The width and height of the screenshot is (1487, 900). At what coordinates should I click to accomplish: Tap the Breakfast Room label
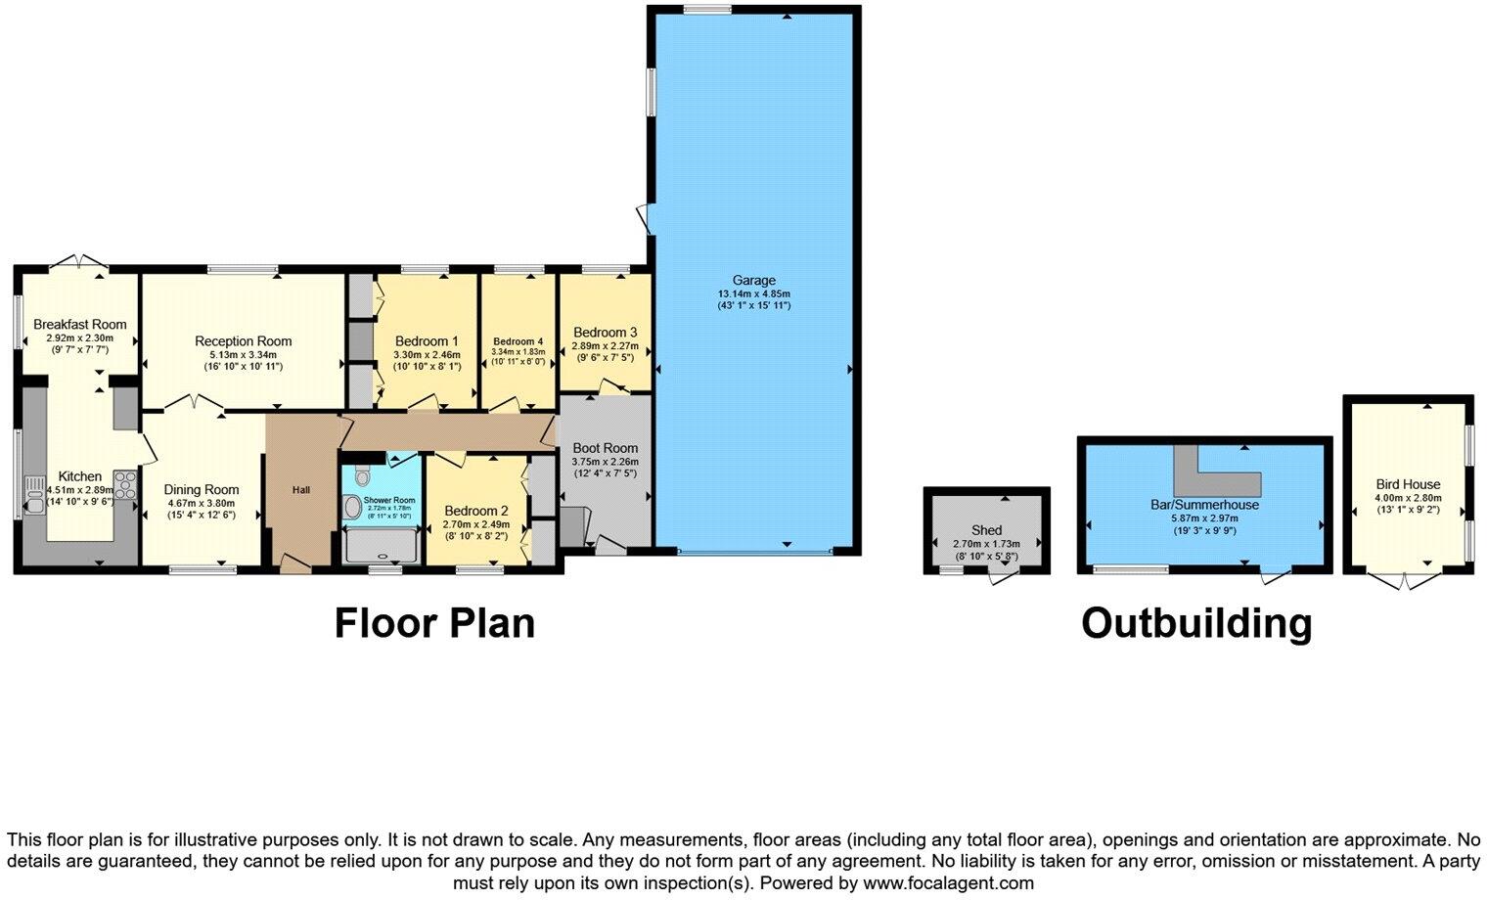click(x=80, y=325)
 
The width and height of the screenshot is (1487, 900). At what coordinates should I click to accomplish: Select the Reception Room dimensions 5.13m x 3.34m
click(x=243, y=355)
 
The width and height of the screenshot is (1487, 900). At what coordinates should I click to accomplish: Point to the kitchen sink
click(x=33, y=495)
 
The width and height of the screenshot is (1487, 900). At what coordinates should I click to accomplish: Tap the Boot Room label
click(x=606, y=448)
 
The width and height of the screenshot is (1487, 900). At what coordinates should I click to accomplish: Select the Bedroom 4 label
click(x=518, y=341)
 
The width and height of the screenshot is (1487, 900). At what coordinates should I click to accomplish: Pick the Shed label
click(x=986, y=530)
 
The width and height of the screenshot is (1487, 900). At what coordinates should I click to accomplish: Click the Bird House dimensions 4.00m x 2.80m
click(x=1408, y=497)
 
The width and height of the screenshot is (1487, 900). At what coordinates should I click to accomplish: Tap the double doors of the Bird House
click(x=1407, y=581)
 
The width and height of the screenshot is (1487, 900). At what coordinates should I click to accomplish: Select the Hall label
click(x=301, y=489)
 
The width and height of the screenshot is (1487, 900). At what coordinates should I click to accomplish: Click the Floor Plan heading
click(x=434, y=623)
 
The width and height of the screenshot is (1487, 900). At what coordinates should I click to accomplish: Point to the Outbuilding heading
click(x=1195, y=623)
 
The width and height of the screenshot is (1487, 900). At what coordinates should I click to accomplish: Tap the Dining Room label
click(x=202, y=490)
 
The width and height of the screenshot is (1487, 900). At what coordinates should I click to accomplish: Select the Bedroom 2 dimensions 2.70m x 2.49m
click(x=476, y=524)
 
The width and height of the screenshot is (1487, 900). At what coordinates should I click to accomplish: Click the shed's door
click(x=1005, y=578)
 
